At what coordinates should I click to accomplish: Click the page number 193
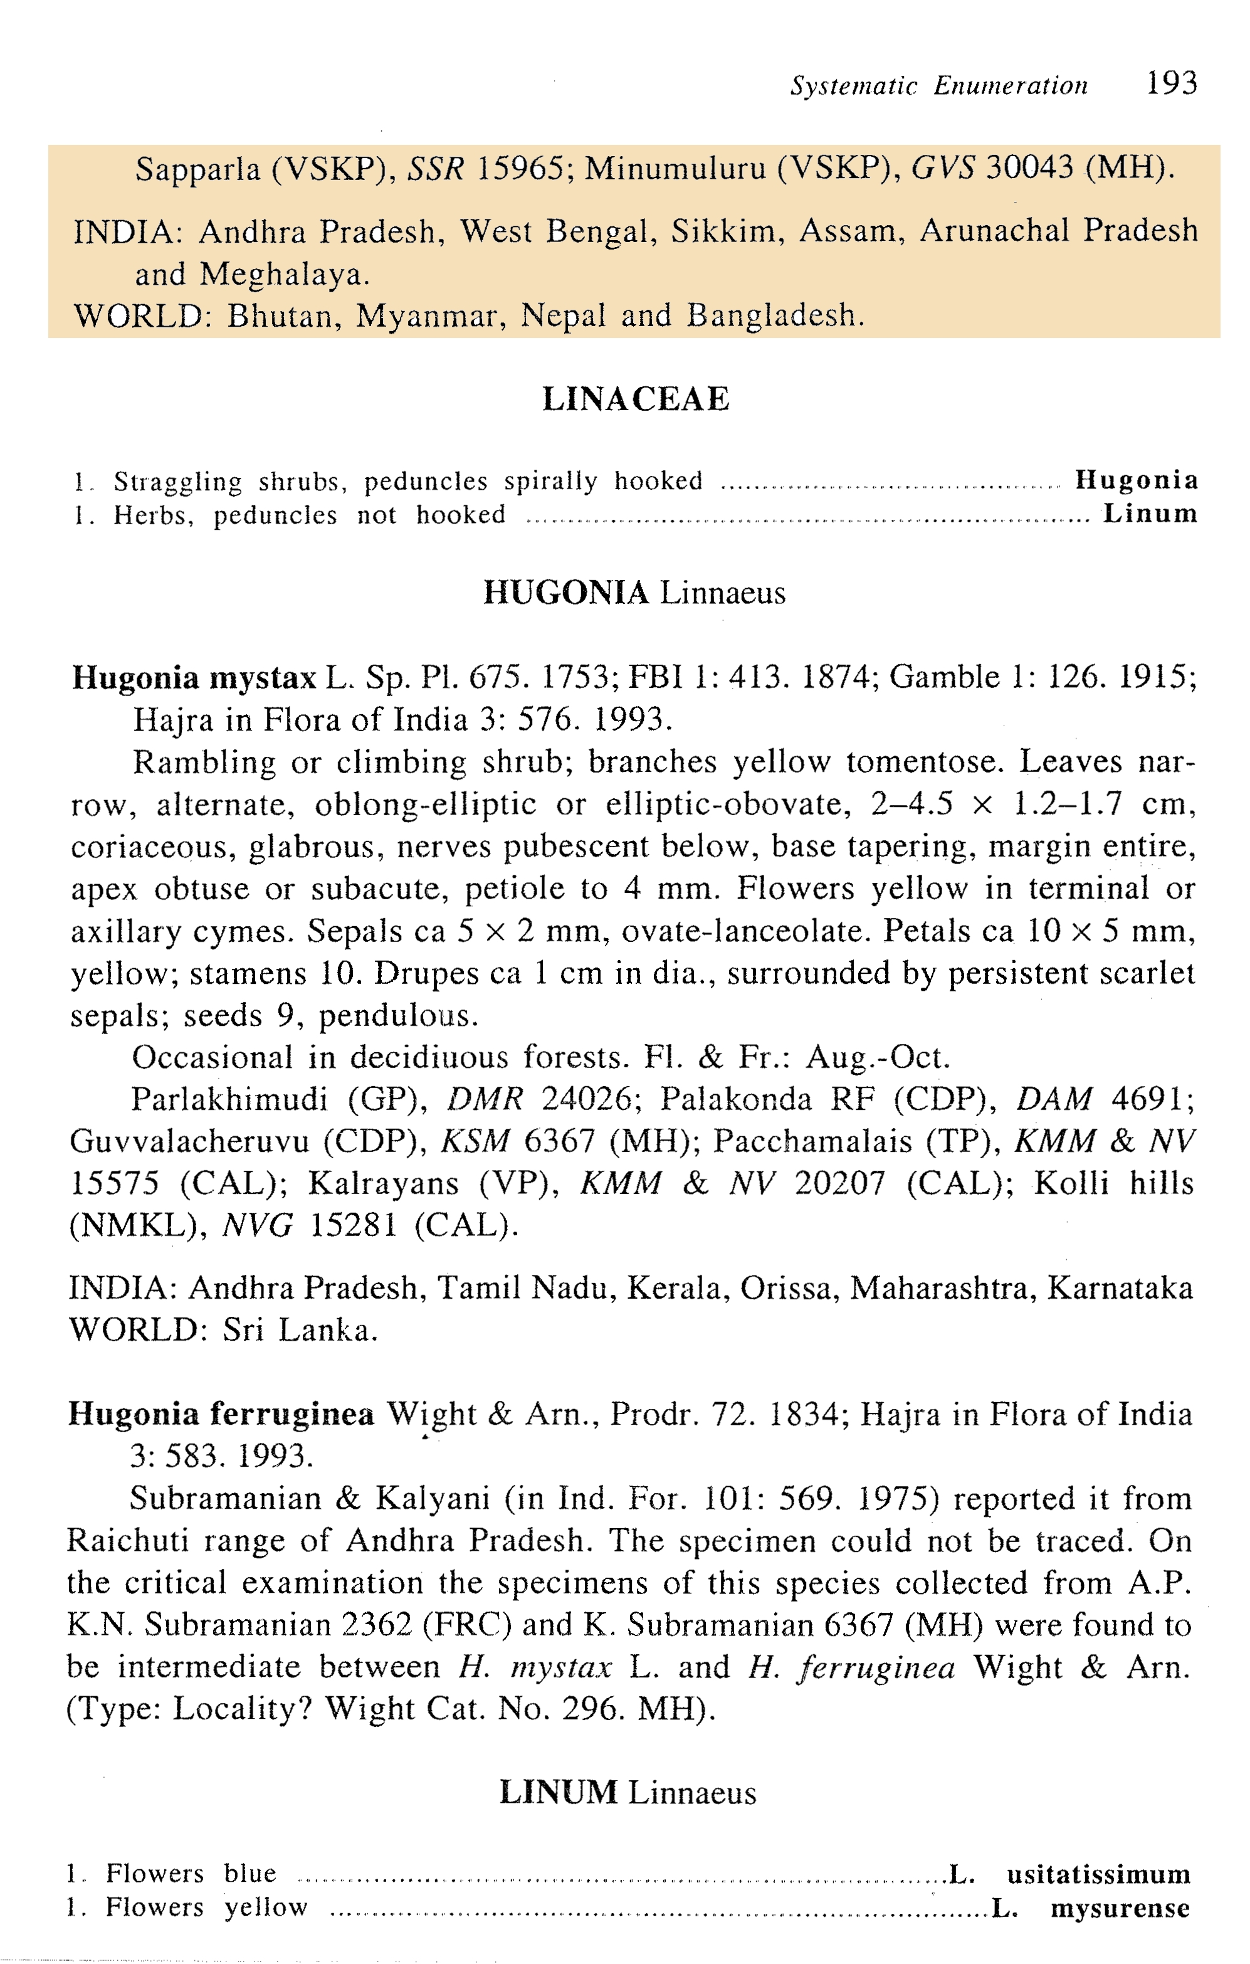[1171, 83]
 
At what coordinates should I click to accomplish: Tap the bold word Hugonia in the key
[1136, 480]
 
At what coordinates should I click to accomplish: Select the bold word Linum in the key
[1150, 514]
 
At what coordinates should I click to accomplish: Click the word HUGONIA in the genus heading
[566, 593]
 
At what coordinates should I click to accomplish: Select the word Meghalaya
[285, 275]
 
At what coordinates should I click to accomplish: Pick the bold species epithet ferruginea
[292, 1414]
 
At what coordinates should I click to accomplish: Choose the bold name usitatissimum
[1098, 1875]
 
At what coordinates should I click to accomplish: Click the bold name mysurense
[1120, 1909]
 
